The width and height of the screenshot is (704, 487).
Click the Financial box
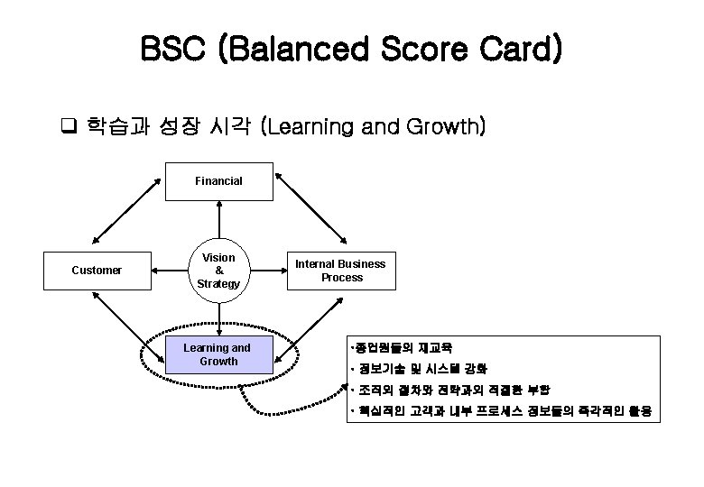click(218, 181)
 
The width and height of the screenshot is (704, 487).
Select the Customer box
click(97, 270)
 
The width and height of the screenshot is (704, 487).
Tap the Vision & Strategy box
click(218, 271)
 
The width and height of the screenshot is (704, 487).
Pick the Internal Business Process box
click(341, 271)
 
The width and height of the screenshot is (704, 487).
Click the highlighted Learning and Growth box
click(218, 354)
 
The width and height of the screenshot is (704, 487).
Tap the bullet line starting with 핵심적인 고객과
click(504, 413)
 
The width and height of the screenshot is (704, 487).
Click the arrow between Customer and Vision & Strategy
click(169, 270)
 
